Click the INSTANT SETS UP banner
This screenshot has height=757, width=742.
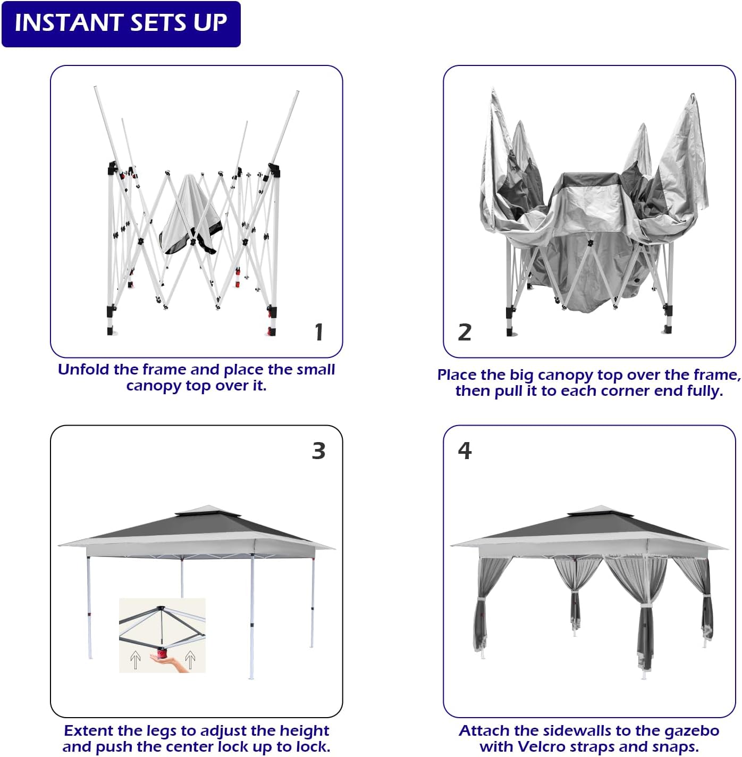(121, 24)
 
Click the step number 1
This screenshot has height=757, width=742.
(319, 332)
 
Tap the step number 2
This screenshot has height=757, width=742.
(465, 332)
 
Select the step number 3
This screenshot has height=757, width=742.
(318, 451)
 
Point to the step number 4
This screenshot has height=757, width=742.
(465, 451)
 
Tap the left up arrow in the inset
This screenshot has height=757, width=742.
(135, 660)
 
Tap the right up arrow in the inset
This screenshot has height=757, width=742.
(190, 660)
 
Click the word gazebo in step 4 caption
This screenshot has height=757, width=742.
(692, 730)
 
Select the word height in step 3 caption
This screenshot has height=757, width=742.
(304, 730)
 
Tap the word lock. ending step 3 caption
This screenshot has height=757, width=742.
(313, 746)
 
